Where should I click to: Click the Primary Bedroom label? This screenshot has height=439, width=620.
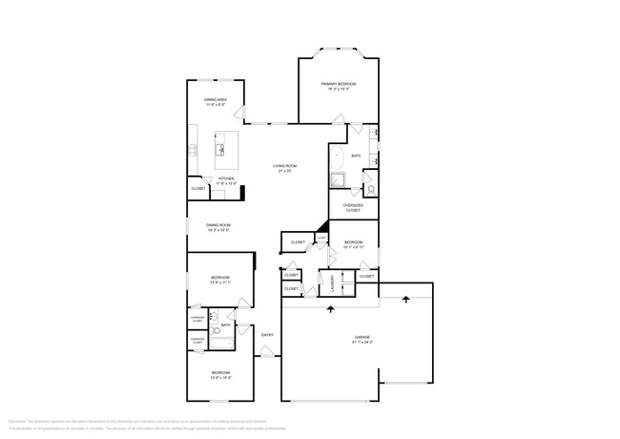tap(339, 86)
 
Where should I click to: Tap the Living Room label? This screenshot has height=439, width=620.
tap(286, 169)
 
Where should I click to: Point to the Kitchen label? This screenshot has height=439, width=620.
tap(226, 180)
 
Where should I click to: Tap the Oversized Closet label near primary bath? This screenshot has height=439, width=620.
tap(353, 207)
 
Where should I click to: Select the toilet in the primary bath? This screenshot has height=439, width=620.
tap(371, 190)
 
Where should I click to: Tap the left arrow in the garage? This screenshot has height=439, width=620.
tap(331, 309)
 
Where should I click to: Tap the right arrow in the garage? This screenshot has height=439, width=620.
tap(406, 299)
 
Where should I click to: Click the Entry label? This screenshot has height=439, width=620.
tap(268, 334)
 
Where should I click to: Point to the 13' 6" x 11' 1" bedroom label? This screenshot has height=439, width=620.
tap(220, 280)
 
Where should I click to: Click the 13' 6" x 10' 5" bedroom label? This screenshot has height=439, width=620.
tap(220, 374)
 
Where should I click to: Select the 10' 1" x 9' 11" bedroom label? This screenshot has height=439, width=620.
tap(354, 244)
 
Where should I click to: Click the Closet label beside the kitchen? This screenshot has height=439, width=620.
tap(198, 189)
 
